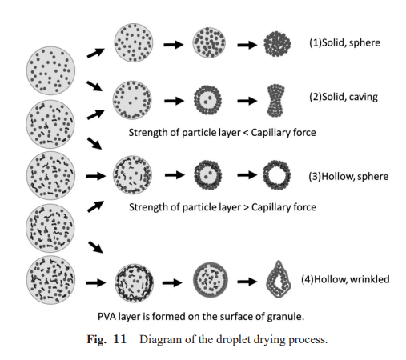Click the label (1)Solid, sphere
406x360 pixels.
pyautogui.click(x=344, y=43)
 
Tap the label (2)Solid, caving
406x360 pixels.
pyautogui.click(x=344, y=97)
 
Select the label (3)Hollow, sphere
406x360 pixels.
pyautogui.click(x=348, y=177)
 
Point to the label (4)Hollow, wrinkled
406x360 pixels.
pyautogui.click(x=345, y=279)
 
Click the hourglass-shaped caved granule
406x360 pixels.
pyautogui.click(x=275, y=101)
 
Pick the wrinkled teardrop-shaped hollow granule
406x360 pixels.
pyautogui.click(x=279, y=279)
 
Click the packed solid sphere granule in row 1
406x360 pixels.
pyautogui.click(x=277, y=44)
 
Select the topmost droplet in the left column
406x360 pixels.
pyautogui.click(x=50, y=70)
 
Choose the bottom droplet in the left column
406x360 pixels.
pyautogui.click(x=50, y=280)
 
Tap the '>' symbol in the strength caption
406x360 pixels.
pyautogui.click(x=246, y=207)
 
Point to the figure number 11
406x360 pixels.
pyautogui.click(x=120, y=339)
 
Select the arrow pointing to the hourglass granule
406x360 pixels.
pyautogui.click(x=247, y=101)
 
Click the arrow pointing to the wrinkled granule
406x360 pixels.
pyautogui.click(x=247, y=282)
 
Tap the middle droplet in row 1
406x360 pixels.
pyautogui.click(x=209, y=42)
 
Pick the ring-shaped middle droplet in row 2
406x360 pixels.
pyautogui.click(x=207, y=100)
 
